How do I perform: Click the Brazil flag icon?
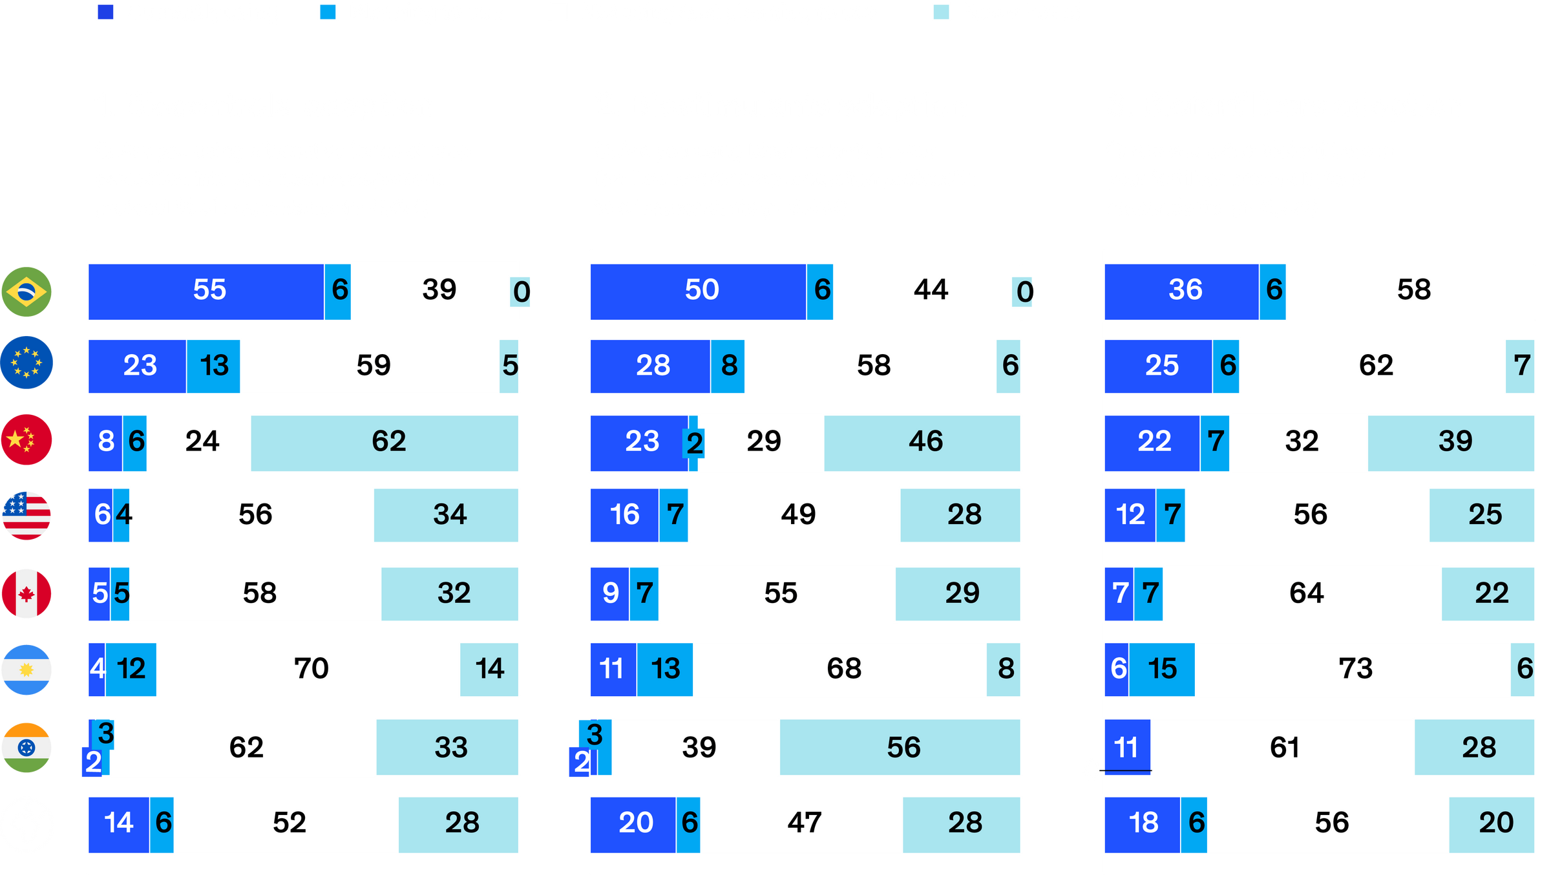pos(26,292)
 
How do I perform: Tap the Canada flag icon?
pos(26,593)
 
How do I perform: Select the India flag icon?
pos(26,748)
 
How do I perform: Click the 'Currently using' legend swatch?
pos(105,12)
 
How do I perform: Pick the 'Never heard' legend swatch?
pos(941,12)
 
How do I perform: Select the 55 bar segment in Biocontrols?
pos(207,291)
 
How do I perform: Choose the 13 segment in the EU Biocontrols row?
pos(213,366)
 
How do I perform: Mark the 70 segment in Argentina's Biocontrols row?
pos(309,670)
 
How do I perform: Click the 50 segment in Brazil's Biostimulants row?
pos(699,291)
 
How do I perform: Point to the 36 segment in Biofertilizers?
pos(1182,291)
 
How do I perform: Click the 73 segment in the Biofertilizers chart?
pos(1353,670)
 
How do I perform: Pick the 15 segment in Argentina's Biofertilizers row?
pos(1162,670)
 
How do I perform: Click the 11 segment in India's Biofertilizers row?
pos(1128,748)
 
